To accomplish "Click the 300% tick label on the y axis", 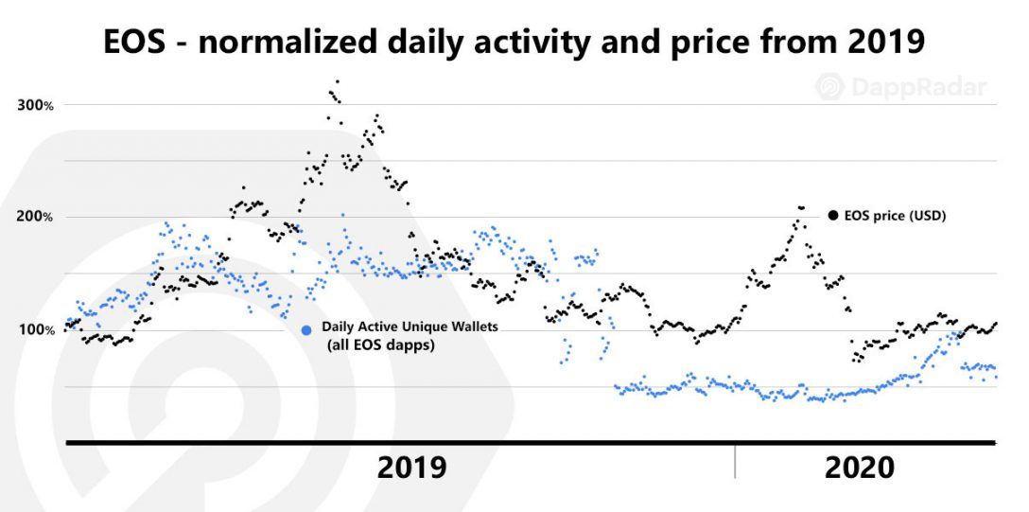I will click(x=34, y=104).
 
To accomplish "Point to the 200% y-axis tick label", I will click(x=34, y=217).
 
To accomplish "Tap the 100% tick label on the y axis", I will click(x=34, y=329).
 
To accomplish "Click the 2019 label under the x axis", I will click(x=411, y=468).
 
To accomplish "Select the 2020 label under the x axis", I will click(x=859, y=468).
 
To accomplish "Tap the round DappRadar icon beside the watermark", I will click(x=829, y=88).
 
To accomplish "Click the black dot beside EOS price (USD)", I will click(x=833, y=216).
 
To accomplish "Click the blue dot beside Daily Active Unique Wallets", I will click(x=305, y=330).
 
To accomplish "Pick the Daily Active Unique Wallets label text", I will click(x=410, y=327).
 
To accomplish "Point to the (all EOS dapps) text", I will click(x=382, y=345).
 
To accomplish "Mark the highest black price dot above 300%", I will click(x=338, y=81).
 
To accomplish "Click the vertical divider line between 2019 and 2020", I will click(x=736, y=461).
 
